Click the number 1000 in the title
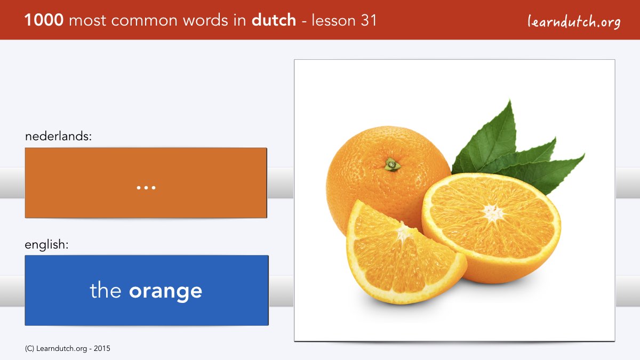(44, 20)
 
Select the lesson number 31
(369, 20)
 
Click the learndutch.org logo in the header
(574, 22)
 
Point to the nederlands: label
(58, 136)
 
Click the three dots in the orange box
(146, 188)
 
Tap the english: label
(46, 245)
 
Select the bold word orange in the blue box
(165, 291)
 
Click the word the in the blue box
(106, 290)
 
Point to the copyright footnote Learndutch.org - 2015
(67, 349)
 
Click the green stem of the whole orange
(393, 165)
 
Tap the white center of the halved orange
(493, 213)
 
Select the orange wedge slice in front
(406, 253)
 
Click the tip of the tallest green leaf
(509, 100)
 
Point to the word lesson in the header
(333, 20)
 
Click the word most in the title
(87, 21)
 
